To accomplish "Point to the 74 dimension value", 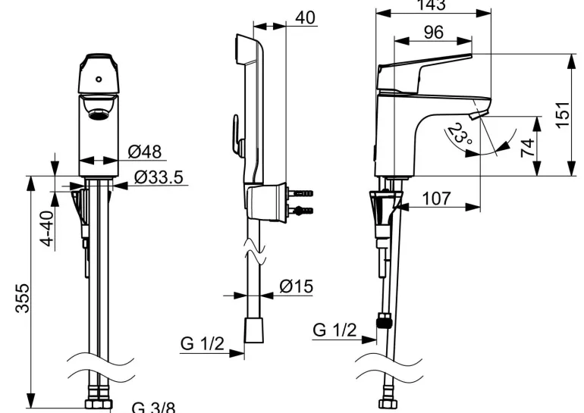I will [x=529, y=145].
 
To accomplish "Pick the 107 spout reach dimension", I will [x=435, y=199].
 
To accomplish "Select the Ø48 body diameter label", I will [x=145, y=152].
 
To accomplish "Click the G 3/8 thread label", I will [x=153, y=407].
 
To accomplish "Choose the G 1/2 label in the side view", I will [x=334, y=330].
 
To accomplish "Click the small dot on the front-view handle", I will [x=99, y=78].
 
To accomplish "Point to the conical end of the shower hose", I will [x=253, y=332].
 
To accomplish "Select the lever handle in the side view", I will [x=425, y=67].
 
